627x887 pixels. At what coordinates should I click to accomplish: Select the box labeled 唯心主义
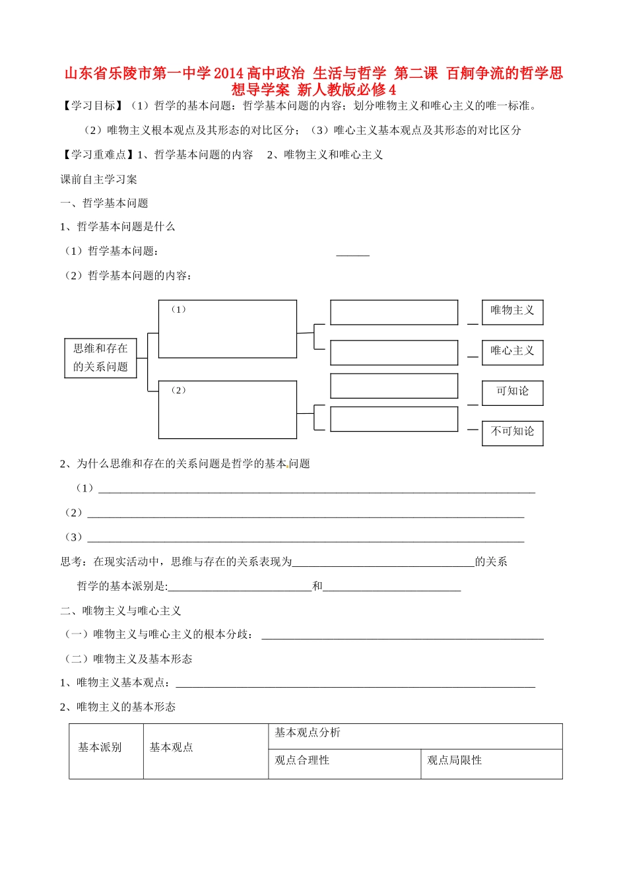point(512,352)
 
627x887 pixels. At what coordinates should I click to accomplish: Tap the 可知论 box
point(512,392)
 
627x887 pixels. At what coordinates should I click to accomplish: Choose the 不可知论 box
point(512,432)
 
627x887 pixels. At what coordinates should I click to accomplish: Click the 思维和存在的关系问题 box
point(100,358)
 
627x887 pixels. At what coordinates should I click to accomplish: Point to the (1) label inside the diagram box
point(178,310)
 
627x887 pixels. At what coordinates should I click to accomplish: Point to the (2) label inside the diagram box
point(178,391)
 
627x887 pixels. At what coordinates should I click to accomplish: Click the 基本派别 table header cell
point(100,748)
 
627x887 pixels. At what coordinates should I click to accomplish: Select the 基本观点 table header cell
point(172,748)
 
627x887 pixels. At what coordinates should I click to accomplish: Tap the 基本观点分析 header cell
point(308,733)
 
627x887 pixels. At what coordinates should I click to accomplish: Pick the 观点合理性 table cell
point(302,761)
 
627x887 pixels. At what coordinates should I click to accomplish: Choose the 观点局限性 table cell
point(455,761)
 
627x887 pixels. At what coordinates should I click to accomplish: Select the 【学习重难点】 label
point(96,155)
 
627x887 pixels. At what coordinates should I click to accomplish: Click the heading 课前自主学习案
point(99,180)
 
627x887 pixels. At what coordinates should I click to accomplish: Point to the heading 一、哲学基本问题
point(104,203)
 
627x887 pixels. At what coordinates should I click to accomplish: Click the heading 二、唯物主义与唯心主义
point(121,611)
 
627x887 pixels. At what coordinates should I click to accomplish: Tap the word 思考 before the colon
point(71,562)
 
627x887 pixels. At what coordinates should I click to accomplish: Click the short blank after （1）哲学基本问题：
point(352,253)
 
